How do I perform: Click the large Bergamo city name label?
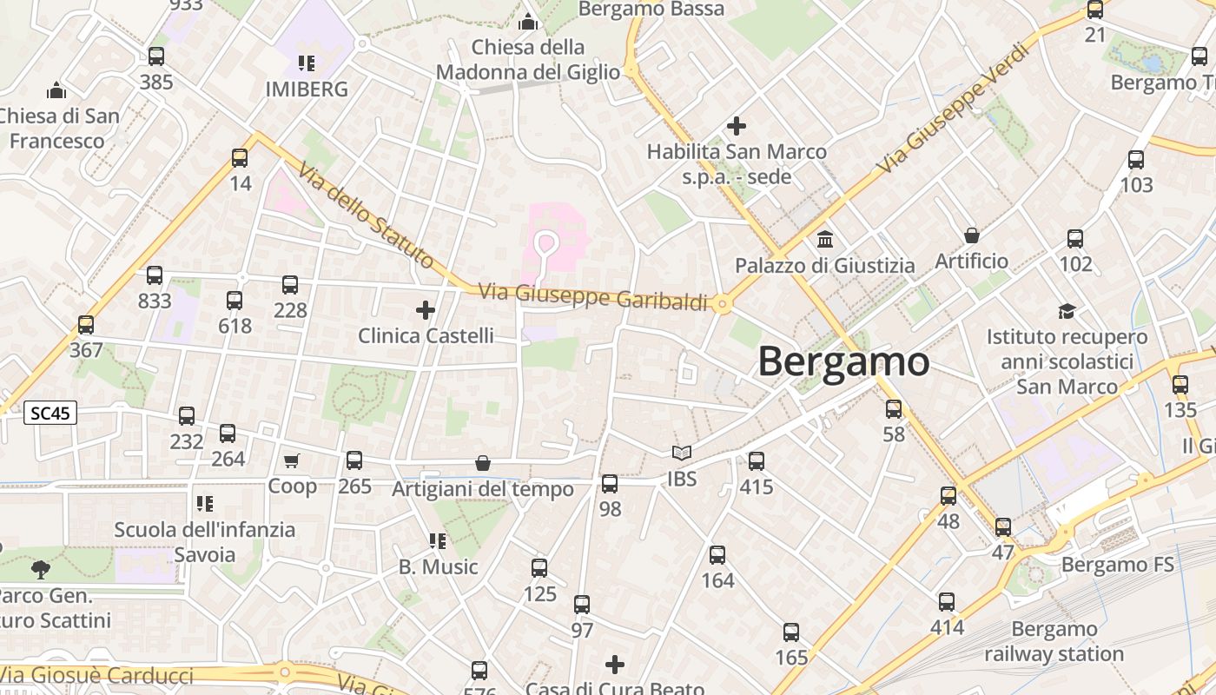843,361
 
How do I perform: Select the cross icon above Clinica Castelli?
426,309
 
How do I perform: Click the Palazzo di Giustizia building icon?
825,238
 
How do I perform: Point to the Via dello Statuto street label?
366,215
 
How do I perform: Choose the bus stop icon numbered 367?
85,325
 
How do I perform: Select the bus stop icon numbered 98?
610,484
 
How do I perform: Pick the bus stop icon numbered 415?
757,461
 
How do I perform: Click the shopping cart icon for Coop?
291,460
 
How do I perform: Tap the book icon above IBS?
682,453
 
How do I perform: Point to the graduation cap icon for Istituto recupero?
1067,311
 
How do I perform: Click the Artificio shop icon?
972,235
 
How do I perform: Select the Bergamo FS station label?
1117,565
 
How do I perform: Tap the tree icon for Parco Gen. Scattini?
40,570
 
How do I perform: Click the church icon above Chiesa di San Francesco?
56,89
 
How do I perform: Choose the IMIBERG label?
307,89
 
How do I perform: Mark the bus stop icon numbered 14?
240,158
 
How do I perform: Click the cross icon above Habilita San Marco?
737,126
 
